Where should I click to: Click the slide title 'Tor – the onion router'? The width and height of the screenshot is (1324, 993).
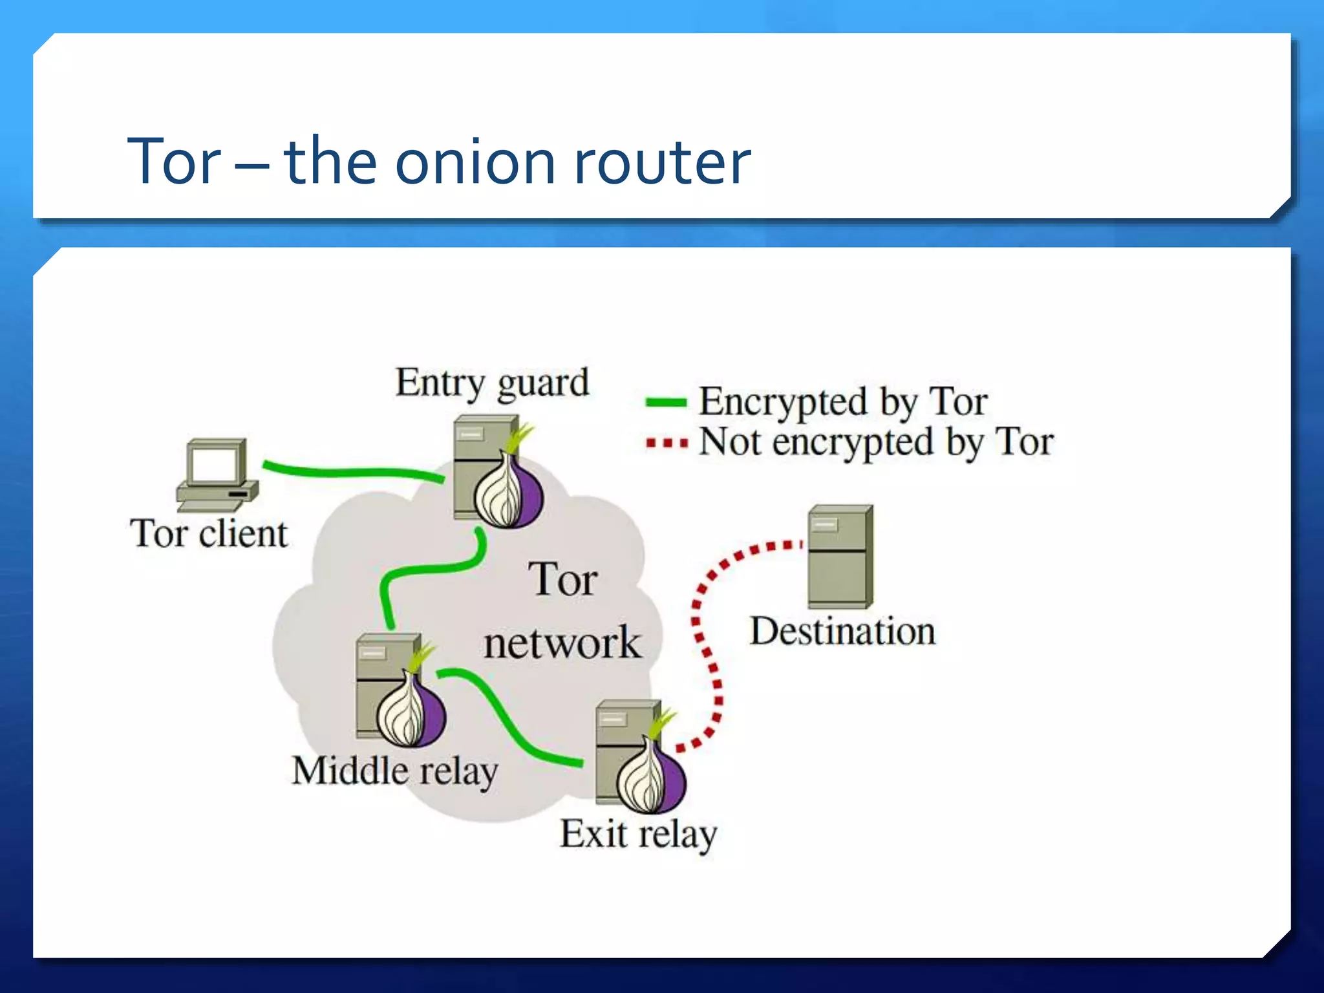click(x=439, y=162)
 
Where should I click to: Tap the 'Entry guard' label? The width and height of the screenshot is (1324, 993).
click(x=492, y=382)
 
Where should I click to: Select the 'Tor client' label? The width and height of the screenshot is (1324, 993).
click(x=209, y=534)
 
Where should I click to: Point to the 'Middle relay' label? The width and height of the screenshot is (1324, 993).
click(x=394, y=771)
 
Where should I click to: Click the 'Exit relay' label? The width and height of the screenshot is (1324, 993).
click(x=638, y=834)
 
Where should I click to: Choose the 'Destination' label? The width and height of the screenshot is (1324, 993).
click(x=842, y=632)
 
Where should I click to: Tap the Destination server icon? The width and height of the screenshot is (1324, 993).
click(x=840, y=556)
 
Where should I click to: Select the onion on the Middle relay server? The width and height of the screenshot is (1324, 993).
click(x=412, y=710)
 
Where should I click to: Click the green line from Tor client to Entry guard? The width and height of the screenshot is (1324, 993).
click(x=349, y=471)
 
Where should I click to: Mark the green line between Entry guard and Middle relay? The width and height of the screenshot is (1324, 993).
click(x=427, y=569)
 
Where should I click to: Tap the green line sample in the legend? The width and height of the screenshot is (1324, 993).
click(x=666, y=403)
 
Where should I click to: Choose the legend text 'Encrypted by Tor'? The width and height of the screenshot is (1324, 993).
click(x=843, y=402)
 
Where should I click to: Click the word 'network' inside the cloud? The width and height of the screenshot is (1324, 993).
click(x=562, y=643)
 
